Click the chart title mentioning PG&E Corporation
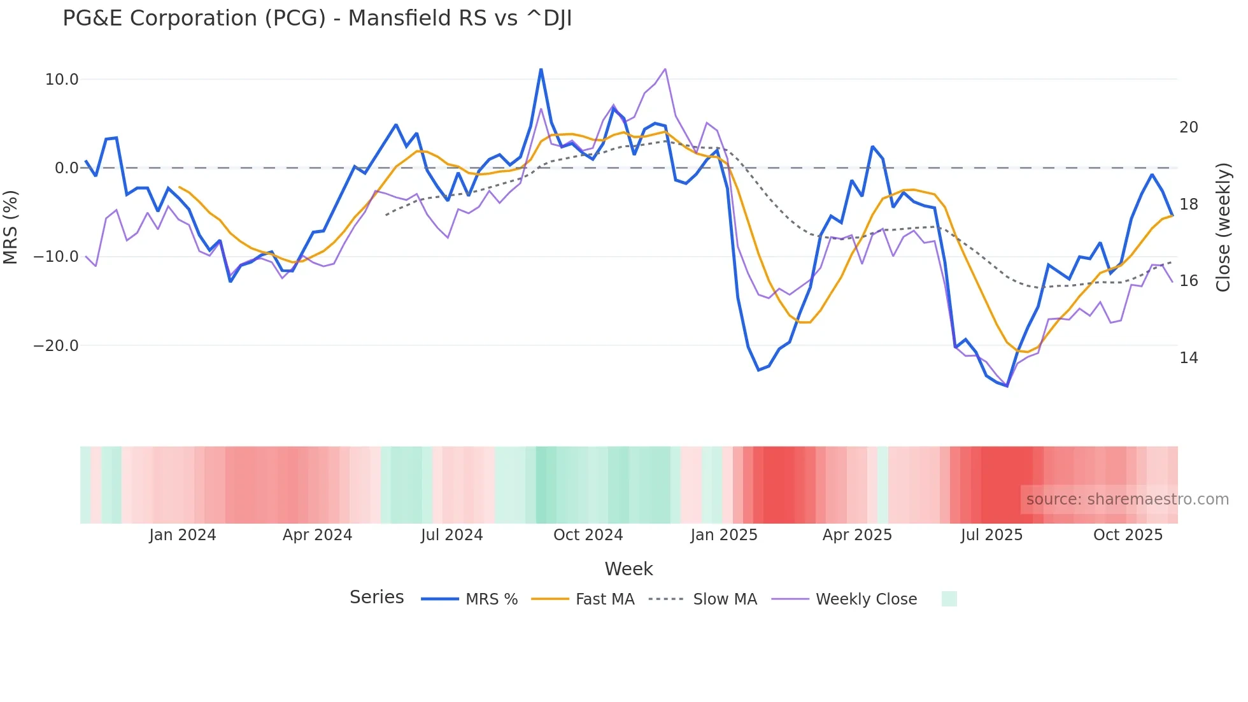317,18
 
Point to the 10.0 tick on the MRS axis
62,80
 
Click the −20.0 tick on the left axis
57,346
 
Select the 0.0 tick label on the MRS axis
66,168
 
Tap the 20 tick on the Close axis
1188,127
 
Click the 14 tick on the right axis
1188,358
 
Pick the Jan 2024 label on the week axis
183,535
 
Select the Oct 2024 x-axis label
588,535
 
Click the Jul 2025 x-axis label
991,535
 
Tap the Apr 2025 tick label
857,535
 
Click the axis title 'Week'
628,569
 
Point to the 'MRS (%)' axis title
11,227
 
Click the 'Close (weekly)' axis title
1223,227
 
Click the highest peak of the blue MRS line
541,69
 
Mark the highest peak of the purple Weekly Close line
665,69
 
